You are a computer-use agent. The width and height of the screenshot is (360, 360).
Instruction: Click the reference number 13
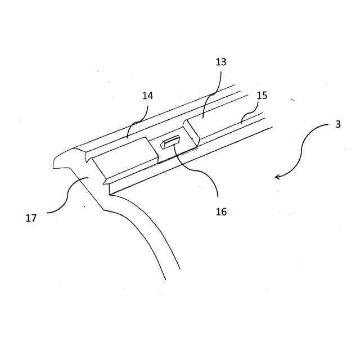coord(220,62)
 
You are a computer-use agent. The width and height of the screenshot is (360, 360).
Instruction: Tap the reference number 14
coord(147,96)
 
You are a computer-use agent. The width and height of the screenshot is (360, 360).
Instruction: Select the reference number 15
coord(262,96)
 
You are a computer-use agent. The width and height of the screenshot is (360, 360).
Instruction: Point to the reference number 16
coord(221,212)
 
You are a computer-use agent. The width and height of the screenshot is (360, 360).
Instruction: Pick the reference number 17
coord(31,218)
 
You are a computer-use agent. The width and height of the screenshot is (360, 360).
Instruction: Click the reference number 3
coord(337,124)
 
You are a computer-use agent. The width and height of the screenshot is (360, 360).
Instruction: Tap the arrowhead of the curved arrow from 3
coord(277,177)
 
